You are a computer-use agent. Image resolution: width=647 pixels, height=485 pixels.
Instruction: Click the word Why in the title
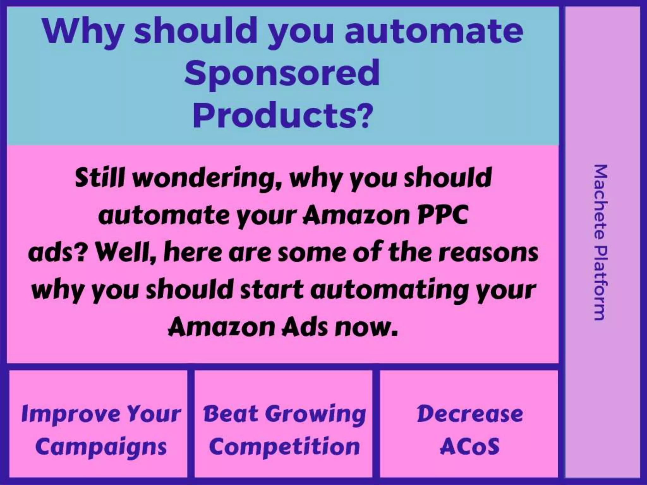[83, 32]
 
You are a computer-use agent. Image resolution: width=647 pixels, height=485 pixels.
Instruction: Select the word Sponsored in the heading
[282, 73]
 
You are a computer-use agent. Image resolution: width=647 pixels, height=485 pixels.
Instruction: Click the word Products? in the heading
[282, 114]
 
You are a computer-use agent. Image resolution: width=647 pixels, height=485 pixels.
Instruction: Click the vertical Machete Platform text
[599, 242]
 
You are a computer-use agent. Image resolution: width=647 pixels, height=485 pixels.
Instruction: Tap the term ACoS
[469, 446]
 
